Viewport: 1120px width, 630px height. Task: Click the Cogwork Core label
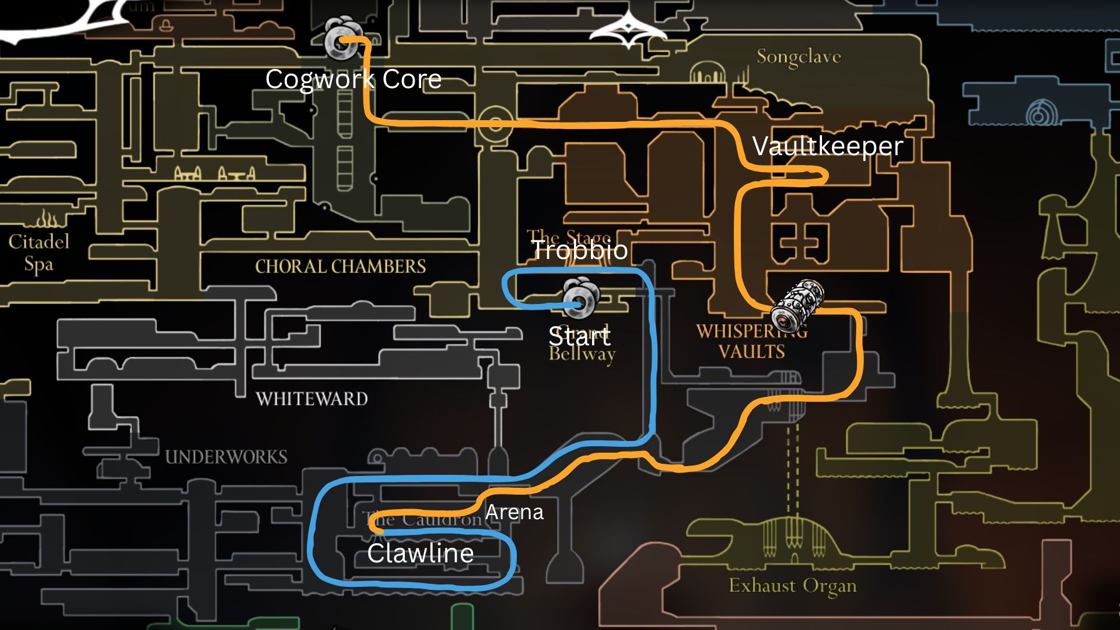[353, 79]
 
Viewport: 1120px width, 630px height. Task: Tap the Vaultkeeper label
[827, 146]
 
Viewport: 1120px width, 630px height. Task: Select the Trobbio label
[579, 250]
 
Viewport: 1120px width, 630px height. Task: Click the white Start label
[579, 336]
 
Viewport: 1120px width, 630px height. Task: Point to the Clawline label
[420, 553]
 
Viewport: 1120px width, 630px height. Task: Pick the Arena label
[514, 512]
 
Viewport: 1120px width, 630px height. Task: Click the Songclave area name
[799, 57]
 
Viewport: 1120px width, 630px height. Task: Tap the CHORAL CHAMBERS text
[340, 267]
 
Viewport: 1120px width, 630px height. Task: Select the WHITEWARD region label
[311, 399]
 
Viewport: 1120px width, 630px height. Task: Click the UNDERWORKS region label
[226, 457]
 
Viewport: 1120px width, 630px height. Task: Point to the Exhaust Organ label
[792, 586]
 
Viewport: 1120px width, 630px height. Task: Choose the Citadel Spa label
[38, 253]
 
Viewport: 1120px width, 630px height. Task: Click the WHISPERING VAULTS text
[751, 341]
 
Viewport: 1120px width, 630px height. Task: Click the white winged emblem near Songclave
[627, 31]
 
